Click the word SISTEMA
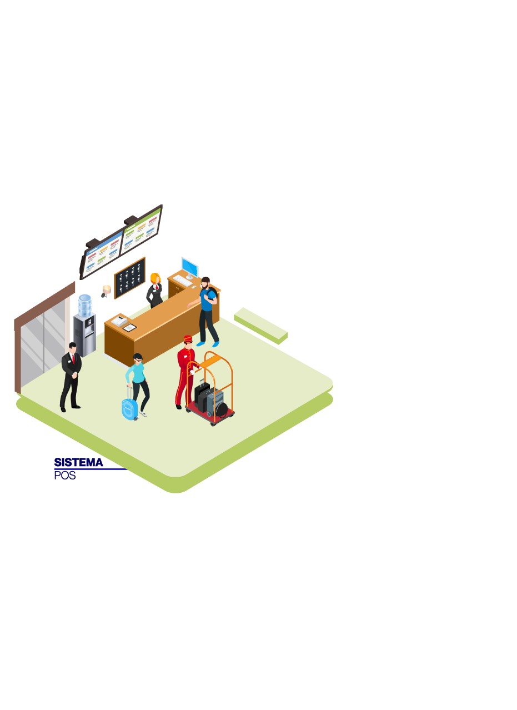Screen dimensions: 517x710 [x=78, y=462]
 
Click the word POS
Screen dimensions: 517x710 [x=65, y=476]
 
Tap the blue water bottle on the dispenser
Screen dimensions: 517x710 [x=84, y=306]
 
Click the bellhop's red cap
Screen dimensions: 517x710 [x=188, y=339]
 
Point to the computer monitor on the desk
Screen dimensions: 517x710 [x=190, y=268]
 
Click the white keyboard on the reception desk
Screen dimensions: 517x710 [x=182, y=281]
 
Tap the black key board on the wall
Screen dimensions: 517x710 [x=129, y=278]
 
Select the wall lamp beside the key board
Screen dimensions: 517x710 [x=106, y=291]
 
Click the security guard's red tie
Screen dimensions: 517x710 [x=73, y=359]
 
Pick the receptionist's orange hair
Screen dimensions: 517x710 [x=154, y=278]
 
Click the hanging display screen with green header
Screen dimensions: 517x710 [x=141, y=231]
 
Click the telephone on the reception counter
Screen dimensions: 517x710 [x=119, y=321]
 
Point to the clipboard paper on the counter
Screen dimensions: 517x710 [x=129, y=327]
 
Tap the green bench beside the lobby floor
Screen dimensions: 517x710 [x=260, y=326]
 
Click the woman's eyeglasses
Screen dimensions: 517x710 [x=139, y=360]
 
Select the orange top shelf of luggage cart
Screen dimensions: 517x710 [x=212, y=360]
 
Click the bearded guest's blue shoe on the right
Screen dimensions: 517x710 [x=215, y=344]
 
